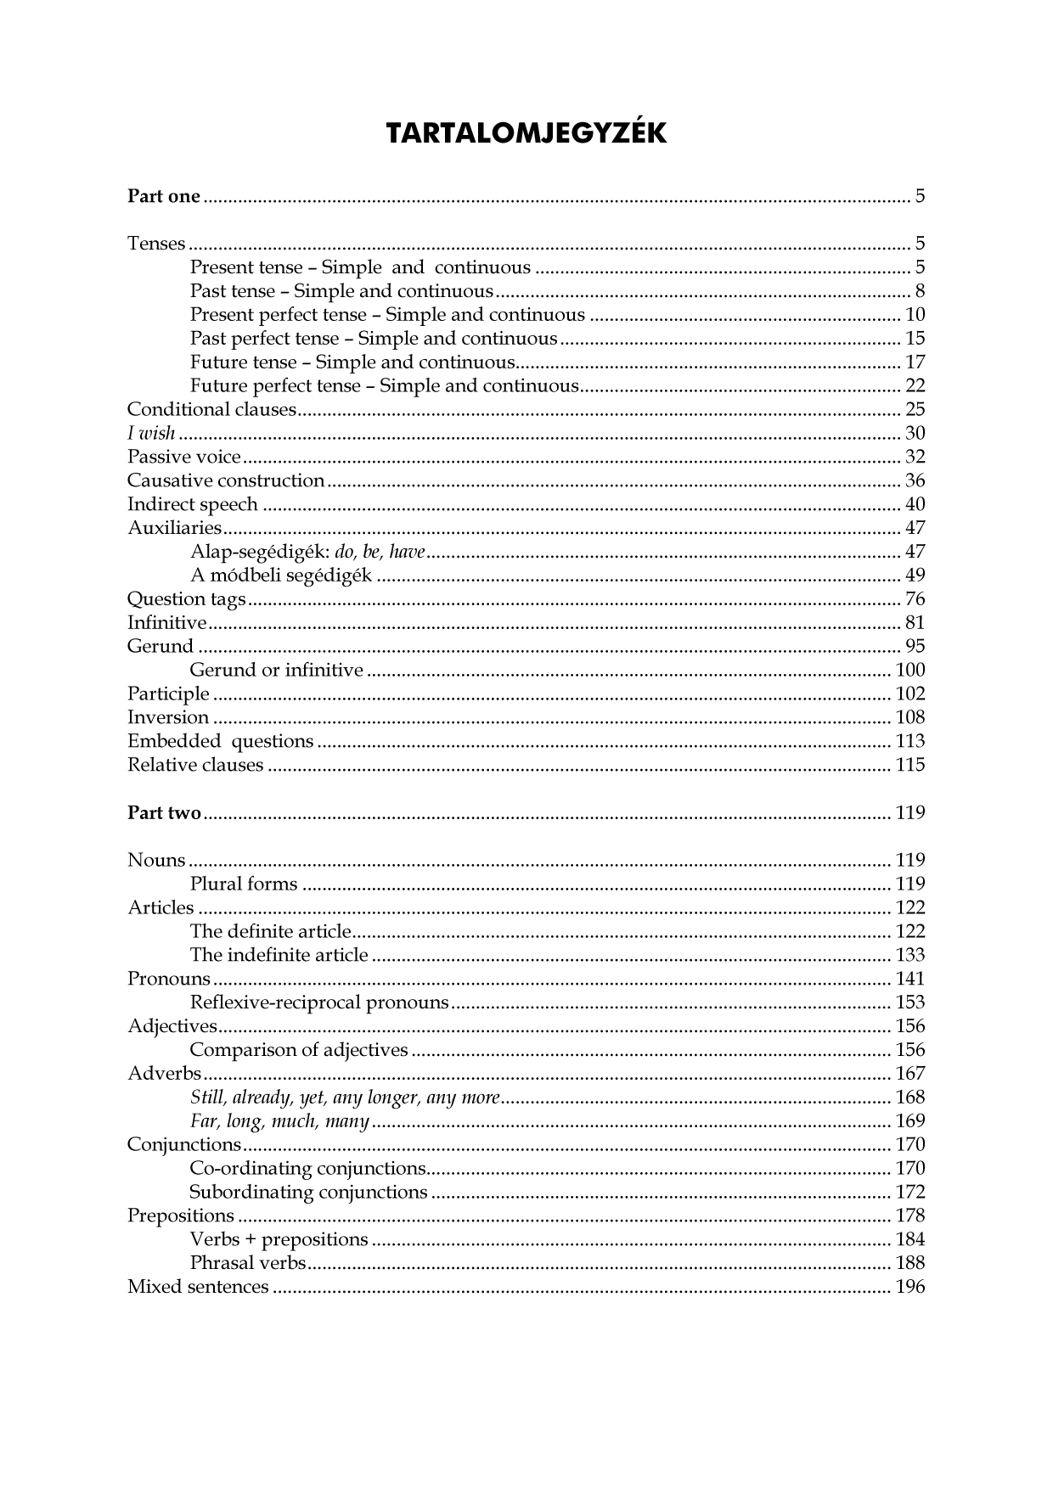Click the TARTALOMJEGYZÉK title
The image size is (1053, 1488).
(x=526, y=133)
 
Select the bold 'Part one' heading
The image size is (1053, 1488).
(x=164, y=197)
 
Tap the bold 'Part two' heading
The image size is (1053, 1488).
(x=164, y=813)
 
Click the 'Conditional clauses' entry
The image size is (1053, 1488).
(x=211, y=410)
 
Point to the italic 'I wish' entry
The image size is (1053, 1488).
(x=151, y=434)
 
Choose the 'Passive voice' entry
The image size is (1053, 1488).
(x=184, y=458)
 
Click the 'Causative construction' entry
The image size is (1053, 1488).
(x=226, y=481)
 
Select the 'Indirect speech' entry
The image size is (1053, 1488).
(x=193, y=505)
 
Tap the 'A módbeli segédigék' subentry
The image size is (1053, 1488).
(x=281, y=576)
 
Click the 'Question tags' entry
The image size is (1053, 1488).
(x=186, y=600)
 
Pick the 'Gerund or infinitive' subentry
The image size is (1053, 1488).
(x=277, y=671)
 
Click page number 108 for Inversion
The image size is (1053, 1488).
(x=909, y=718)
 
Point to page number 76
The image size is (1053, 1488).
(x=915, y=600)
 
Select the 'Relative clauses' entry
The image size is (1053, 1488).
(x=195, y=766)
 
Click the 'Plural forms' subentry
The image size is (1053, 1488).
(x=244, y=884)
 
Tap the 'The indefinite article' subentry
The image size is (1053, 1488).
(x=279, y=956)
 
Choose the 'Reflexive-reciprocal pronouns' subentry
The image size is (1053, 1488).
(x=319, y=1003)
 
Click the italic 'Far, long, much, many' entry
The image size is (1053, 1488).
(x=279, y=1122)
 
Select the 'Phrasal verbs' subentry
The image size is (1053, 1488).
(x=248, y=1264)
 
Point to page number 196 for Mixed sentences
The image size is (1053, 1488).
(x=909, y=1288)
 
